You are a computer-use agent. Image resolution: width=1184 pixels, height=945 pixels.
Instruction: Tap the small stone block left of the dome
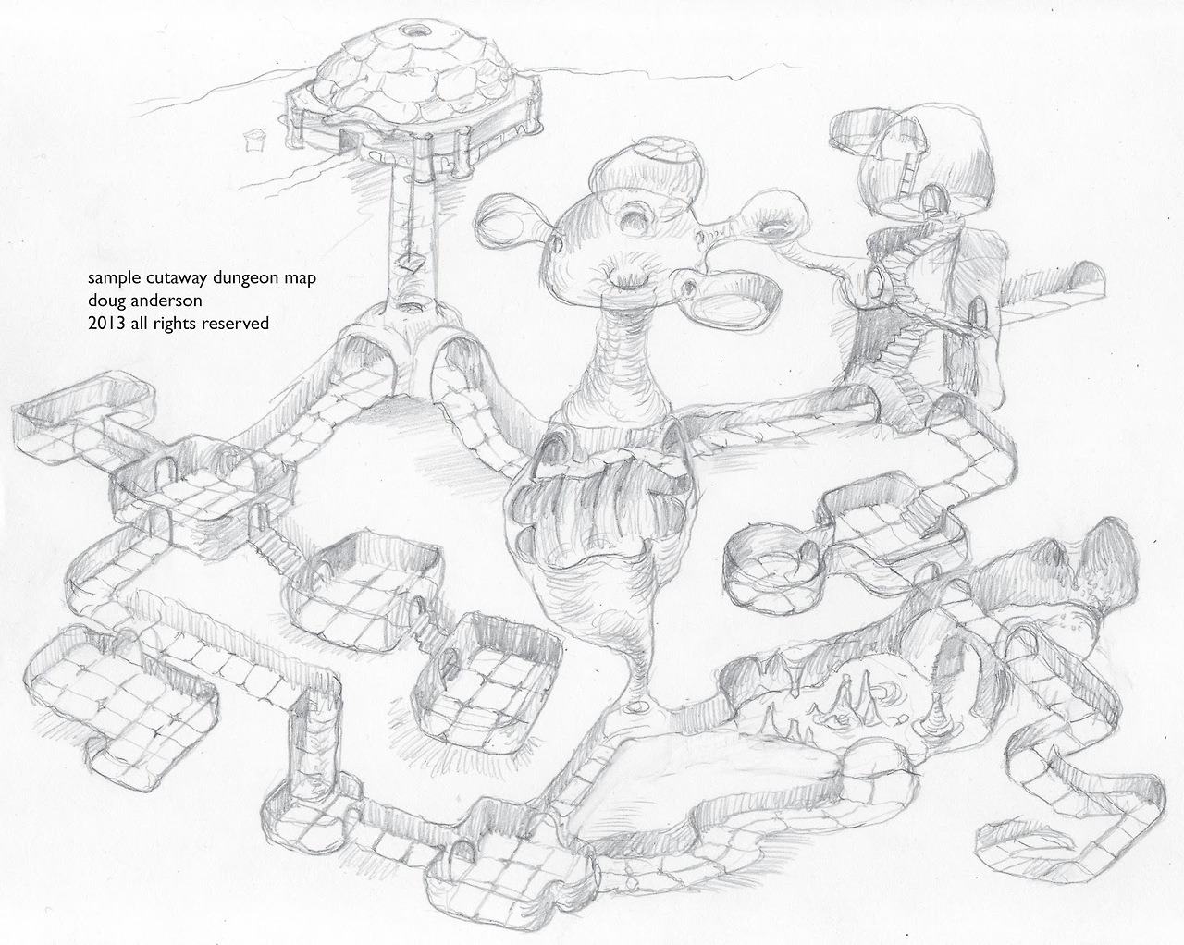point(253,141)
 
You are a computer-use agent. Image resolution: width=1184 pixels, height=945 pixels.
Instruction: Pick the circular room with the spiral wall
point(771,575)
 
